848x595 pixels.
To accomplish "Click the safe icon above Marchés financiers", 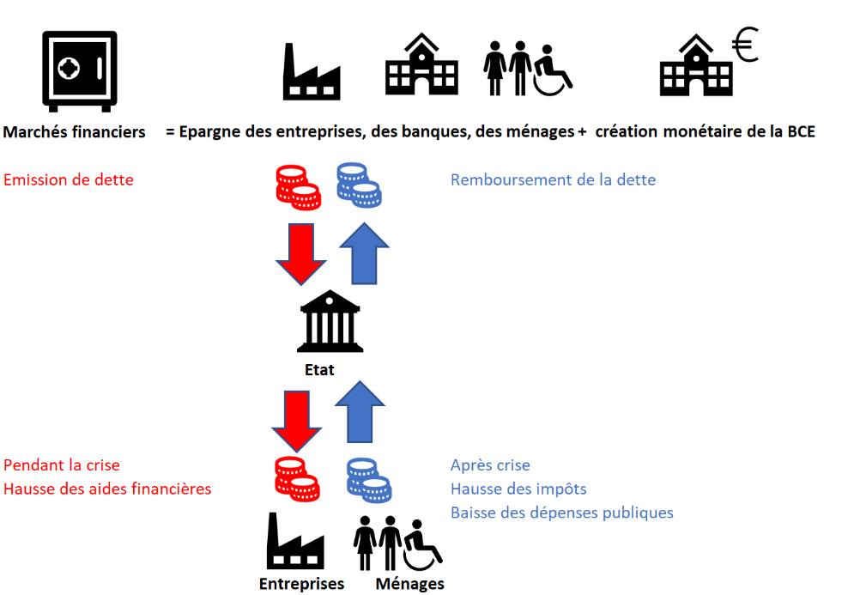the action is click(80, 71).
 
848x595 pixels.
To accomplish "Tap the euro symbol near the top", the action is click(746, 45).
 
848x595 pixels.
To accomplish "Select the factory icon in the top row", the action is click(312, 71).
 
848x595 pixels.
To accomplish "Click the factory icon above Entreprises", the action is click(295, 541).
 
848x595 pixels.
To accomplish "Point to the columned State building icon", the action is click(330, 321).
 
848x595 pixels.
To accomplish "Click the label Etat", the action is click(319, 370).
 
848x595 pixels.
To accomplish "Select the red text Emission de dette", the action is click(68, 179).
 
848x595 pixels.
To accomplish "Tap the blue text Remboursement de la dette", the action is click(553, 179).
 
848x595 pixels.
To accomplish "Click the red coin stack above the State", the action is click(299, 187).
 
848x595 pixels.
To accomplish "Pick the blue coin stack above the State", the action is click(359, 185).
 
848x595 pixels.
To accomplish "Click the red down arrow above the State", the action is click(301, 254).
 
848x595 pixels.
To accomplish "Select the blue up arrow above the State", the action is click(364, 253).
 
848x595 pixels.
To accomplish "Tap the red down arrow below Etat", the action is click(296, 422).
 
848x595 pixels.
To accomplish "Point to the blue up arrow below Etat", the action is click(360, 411).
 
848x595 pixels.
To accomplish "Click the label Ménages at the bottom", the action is click(410, 584).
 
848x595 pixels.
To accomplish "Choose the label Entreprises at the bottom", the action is click(302, 584).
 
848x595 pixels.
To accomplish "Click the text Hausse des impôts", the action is click(518, 489).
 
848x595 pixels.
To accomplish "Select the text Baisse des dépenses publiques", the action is click(562, 513).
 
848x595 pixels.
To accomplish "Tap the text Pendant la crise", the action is click(62, 465).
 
